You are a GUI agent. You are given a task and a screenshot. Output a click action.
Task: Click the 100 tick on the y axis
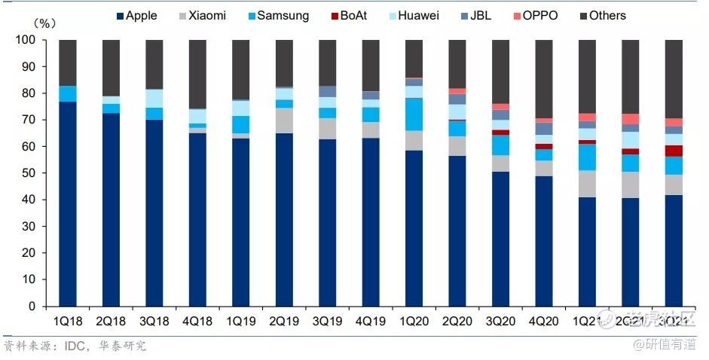pos(28,40)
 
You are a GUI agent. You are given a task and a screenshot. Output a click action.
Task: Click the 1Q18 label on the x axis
pos(67,321)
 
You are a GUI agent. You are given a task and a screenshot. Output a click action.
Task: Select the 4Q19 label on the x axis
pos(371,321)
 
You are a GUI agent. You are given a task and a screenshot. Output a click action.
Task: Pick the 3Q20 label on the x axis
pos(500,321)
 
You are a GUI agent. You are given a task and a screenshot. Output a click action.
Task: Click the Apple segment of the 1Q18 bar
pos(68,203)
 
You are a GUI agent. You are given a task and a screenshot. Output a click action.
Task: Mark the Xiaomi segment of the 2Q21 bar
pos(631,185)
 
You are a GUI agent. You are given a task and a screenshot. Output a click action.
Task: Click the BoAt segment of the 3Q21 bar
pos(674,151)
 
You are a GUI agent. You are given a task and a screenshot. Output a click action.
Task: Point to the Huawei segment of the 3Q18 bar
pos(154,99)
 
